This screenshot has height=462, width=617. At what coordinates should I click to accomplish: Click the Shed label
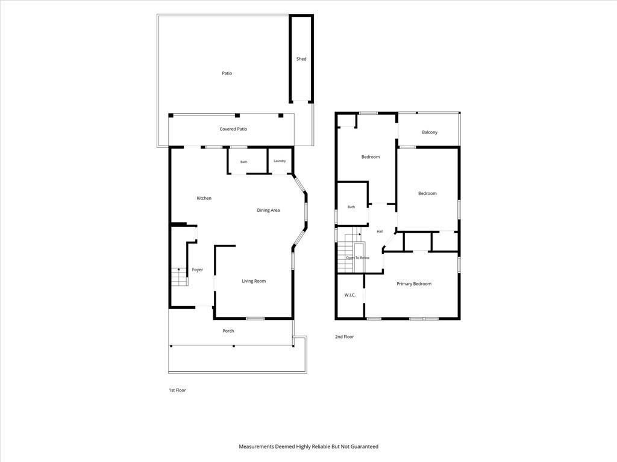(x=301, y=59)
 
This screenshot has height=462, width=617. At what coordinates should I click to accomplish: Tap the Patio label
(x=227, y=73)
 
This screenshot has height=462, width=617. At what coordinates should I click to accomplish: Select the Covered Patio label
(x=233, y=129)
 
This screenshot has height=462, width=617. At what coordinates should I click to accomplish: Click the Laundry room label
(x=280, y=161)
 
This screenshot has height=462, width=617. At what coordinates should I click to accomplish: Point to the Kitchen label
(x=204, y=199)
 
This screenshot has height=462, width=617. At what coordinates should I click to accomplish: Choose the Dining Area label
(x=268, y=210)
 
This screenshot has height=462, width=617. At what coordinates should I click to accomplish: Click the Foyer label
(x=197, y=270)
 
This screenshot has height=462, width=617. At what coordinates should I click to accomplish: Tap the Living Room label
(x=254, y=282)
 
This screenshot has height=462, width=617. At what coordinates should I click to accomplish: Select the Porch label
(x=228, y=331)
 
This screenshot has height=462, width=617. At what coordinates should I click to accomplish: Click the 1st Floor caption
(x=177, y=390)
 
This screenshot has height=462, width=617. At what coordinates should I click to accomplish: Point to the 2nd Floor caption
(x=344, y=337)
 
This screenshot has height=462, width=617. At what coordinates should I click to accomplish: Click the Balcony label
(x=430, y=132)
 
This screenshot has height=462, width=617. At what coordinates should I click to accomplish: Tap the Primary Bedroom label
(x=414, y=284)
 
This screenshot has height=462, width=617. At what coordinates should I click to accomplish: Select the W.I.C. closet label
(x=350, y=295)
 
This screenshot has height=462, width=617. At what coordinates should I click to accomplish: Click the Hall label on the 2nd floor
(x=380, y=232)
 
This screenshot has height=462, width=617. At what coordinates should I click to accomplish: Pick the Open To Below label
(x=358, y=258)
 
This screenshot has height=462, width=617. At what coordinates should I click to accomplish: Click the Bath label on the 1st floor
(x=244, y=162)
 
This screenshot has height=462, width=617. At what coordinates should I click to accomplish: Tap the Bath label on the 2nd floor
(x=351, y=207)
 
